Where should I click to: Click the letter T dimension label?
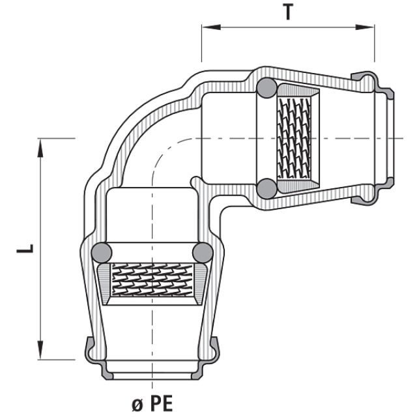pyautogui.click(x=288, y=12)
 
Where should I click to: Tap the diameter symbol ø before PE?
pyautogui.click(x=137, y=405)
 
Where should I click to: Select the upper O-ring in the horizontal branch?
pyautogui.click(x=265, y=87)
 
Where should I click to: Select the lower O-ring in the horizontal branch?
pyautogui.click(x=265, y=188)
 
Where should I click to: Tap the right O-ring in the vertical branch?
pyautogui.click(x=203, y=252)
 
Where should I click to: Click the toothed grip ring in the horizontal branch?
pyautogui.click(x=294, y=138)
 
